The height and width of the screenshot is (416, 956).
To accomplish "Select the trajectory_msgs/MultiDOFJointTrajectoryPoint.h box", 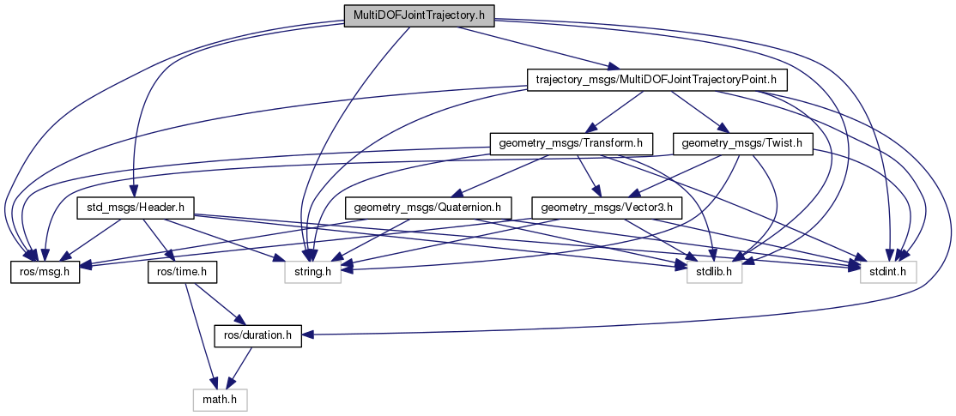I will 655,80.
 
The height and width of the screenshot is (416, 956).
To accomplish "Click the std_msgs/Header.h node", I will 136,208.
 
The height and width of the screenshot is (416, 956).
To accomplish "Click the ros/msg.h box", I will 45,272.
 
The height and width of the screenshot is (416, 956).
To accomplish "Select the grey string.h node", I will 312,272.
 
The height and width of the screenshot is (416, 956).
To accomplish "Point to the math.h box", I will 218,400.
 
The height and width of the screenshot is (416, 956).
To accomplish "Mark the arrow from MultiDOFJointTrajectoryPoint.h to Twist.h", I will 698,112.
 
